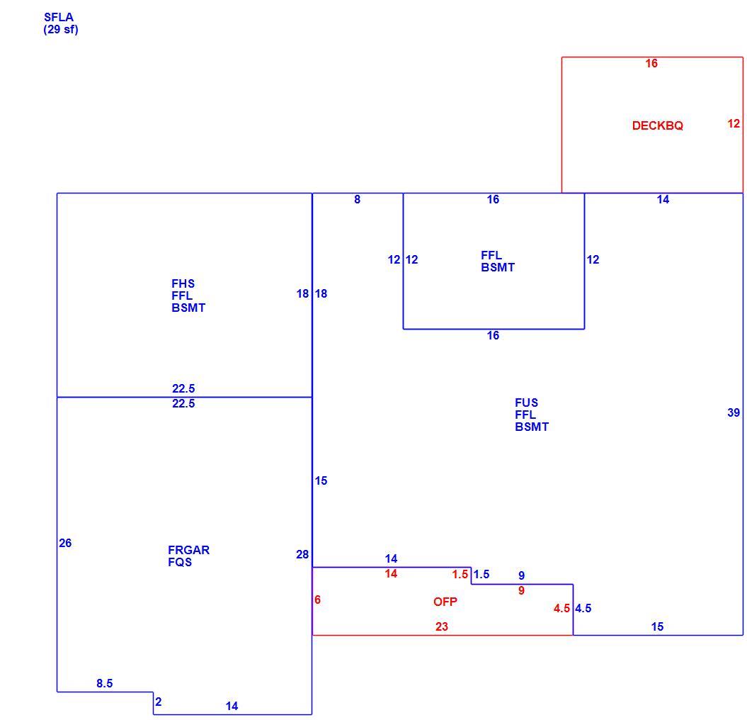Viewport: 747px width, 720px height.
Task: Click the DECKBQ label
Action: (658, 125)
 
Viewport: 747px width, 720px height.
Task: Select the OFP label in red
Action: (445, 602)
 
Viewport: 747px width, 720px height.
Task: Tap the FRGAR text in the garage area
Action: (188, 550)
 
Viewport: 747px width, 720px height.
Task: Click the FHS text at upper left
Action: (183, 283)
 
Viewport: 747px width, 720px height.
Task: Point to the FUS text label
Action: (526, 403)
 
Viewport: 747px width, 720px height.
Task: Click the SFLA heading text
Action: (59, 17)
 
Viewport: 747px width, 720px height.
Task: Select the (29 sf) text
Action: (61, 30)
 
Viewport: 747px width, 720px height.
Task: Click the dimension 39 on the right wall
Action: (734, 412)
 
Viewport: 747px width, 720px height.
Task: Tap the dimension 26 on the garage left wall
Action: (65, 543)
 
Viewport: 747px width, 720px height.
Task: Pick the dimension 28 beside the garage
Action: (302, 554)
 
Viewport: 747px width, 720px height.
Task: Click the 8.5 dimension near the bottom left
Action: (104, 683)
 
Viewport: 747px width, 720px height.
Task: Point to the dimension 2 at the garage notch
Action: (158, 702)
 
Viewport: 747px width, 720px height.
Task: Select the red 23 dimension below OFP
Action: (442, 626)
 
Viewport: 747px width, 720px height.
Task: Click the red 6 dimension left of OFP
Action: (317, 600)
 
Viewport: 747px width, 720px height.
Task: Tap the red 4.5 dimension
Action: (561, 609)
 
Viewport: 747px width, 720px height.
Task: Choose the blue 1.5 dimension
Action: (481, 574)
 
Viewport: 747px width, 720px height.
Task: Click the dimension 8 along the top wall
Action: (358, 199)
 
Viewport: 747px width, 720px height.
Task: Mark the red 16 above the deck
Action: (651, 63)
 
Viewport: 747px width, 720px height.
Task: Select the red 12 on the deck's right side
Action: (734, 123)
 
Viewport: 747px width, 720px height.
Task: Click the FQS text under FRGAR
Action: (180, 562)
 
